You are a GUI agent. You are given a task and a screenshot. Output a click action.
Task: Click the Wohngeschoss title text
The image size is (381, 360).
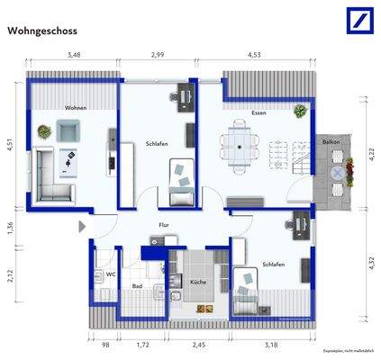pos(41,30)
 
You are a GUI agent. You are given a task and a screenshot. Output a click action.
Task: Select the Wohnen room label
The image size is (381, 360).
pos(75,108)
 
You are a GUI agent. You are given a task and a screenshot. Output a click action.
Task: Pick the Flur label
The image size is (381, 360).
pos(164,227)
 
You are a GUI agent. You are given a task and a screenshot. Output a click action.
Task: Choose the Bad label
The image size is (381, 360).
pos(137,286)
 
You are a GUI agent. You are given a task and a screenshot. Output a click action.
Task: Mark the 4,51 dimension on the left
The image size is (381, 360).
pos(10,146)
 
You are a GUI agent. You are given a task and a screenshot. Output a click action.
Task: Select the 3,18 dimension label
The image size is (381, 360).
pos(269,345)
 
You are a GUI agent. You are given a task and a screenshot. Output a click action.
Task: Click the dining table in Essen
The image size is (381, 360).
pos(240,146)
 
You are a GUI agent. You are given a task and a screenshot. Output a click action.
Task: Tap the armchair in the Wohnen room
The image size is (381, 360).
pos(68,132)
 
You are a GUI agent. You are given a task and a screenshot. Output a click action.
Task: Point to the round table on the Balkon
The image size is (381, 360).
pos(337,172)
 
